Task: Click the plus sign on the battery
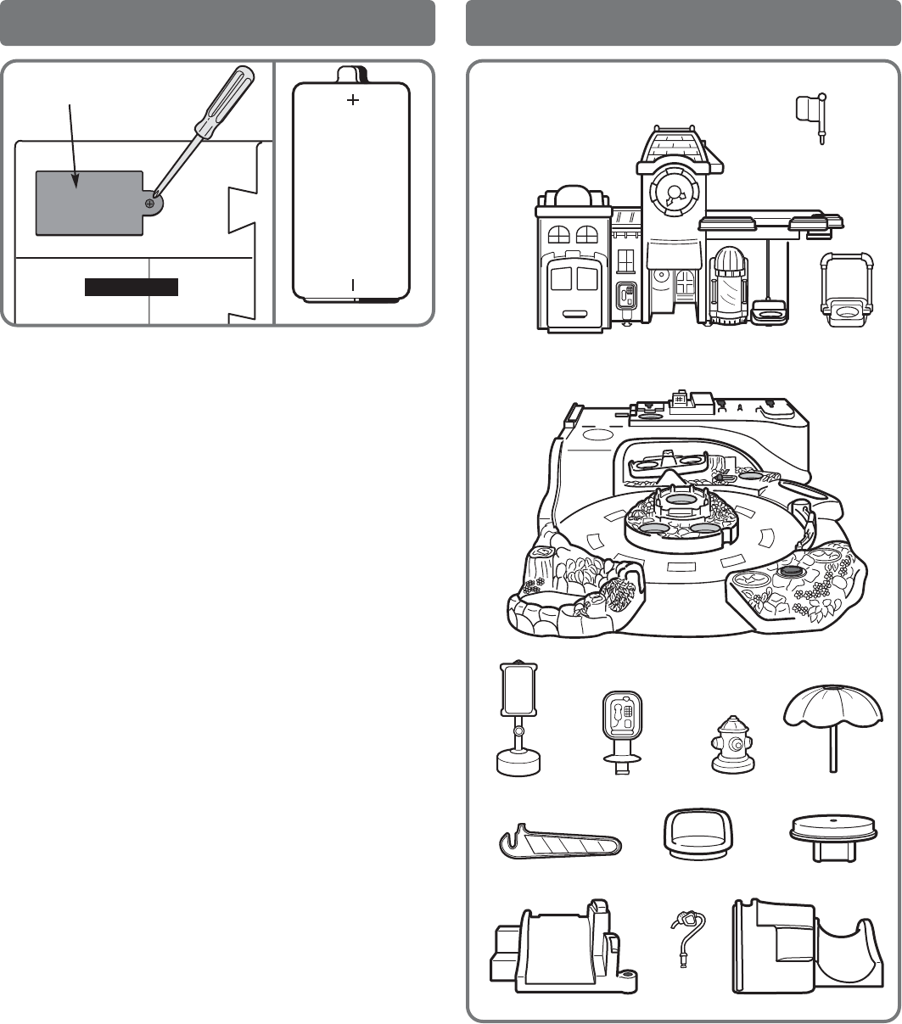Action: tap(352, 100)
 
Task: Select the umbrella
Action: tap(836, 717)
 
